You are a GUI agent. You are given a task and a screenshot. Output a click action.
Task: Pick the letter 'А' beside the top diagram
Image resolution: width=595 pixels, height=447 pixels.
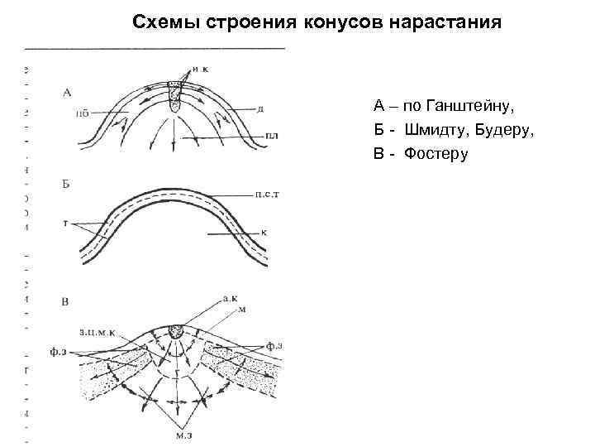[x=67, y=92]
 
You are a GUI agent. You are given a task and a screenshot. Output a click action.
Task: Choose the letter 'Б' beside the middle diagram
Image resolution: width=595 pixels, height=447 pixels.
[x=66, y=183]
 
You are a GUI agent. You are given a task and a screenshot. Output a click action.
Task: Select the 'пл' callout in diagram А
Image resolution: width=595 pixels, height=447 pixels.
[x=272, y=135]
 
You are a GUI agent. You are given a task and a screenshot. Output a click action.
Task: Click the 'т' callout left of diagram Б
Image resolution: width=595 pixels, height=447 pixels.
[x=64, y=224]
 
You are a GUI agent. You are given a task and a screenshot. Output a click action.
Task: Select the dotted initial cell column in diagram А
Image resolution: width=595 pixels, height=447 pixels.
[x=175, y=99]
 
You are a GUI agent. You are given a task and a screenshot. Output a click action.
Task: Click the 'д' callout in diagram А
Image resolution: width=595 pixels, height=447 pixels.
[x=260, y=109]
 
